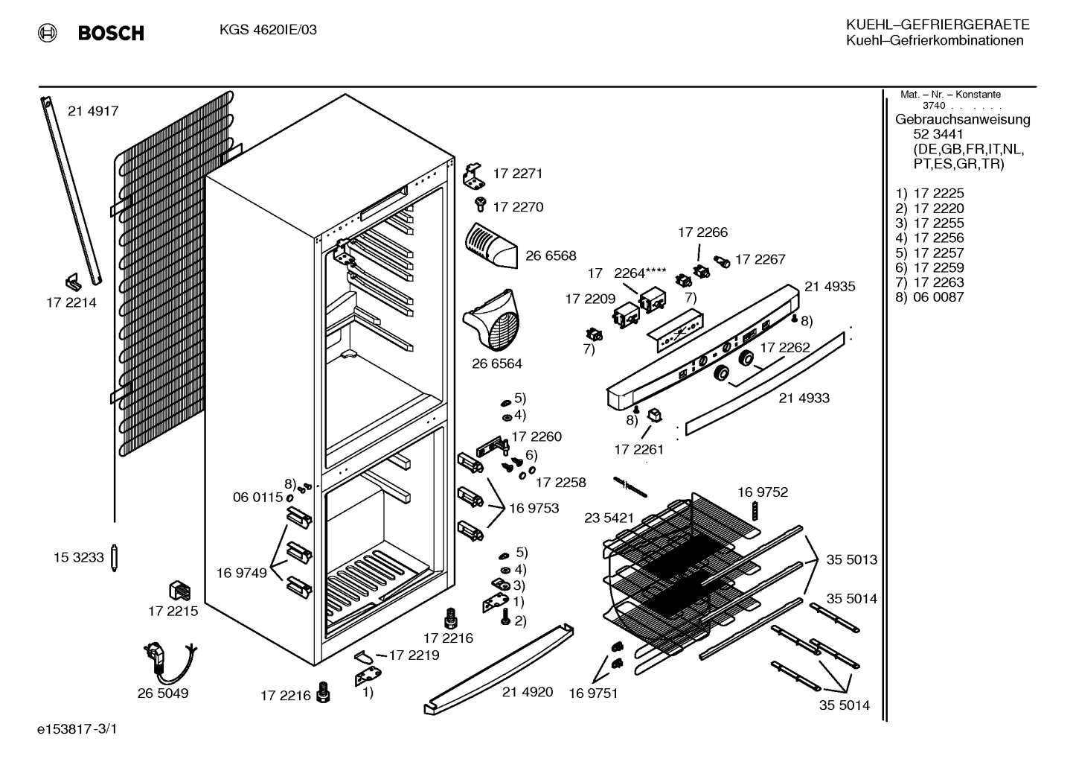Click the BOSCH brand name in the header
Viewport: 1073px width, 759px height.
[111, 33]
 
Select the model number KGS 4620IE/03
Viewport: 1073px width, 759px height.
[268, 30]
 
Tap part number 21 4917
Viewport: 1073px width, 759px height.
[93, 111]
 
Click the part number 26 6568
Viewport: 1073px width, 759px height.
[551, 255]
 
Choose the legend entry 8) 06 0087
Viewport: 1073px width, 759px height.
[929, 297]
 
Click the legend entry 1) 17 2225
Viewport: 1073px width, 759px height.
[929, 193]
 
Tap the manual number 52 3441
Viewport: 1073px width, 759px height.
[938, 134]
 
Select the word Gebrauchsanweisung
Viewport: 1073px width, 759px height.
[962, 119]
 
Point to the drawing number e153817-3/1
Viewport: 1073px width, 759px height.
[77, 729]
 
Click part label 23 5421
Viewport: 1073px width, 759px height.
[609, 518]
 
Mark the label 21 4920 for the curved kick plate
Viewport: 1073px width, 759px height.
[528, 692]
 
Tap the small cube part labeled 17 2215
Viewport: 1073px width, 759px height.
[179, 591]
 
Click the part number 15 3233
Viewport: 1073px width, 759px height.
[79, 557]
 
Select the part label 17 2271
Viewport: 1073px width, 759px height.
[518, 174]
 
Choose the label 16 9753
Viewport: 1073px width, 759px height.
[534, 508]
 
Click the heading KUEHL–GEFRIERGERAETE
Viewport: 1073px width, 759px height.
[938, 25]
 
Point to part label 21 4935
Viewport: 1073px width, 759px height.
[830, 287]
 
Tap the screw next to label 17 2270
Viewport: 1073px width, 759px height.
[480, 204]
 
